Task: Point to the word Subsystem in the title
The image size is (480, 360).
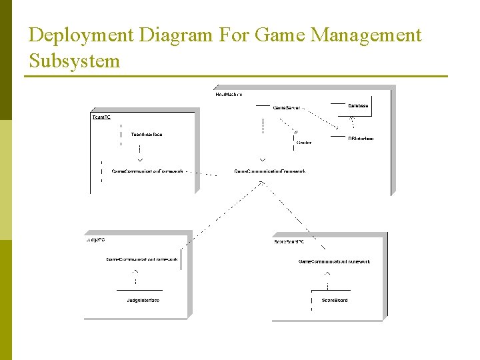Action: coord(75,61)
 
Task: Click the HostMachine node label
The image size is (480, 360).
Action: coord(229,94)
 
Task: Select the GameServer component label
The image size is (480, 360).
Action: coord(287,107)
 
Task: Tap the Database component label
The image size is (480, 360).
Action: coord(358,105)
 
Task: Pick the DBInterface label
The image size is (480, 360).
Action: coord(361,139)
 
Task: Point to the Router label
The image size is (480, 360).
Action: coord(304,142)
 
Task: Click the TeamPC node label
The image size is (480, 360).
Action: coord(101,117)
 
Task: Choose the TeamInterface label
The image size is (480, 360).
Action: coord(147,135)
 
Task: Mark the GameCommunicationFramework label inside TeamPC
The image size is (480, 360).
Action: coord(147,171)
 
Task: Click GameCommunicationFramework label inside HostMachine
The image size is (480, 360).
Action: coord(269,171)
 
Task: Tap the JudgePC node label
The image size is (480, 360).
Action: coord(95,239)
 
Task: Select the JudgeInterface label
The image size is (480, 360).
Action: coord(143,300)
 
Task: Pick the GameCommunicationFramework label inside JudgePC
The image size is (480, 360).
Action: coord(143,259)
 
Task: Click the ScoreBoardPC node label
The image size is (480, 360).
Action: coord(289,241)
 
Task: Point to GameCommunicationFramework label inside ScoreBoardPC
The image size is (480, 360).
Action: coord(334,261)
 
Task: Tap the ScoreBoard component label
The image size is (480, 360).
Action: coord(335,300)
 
